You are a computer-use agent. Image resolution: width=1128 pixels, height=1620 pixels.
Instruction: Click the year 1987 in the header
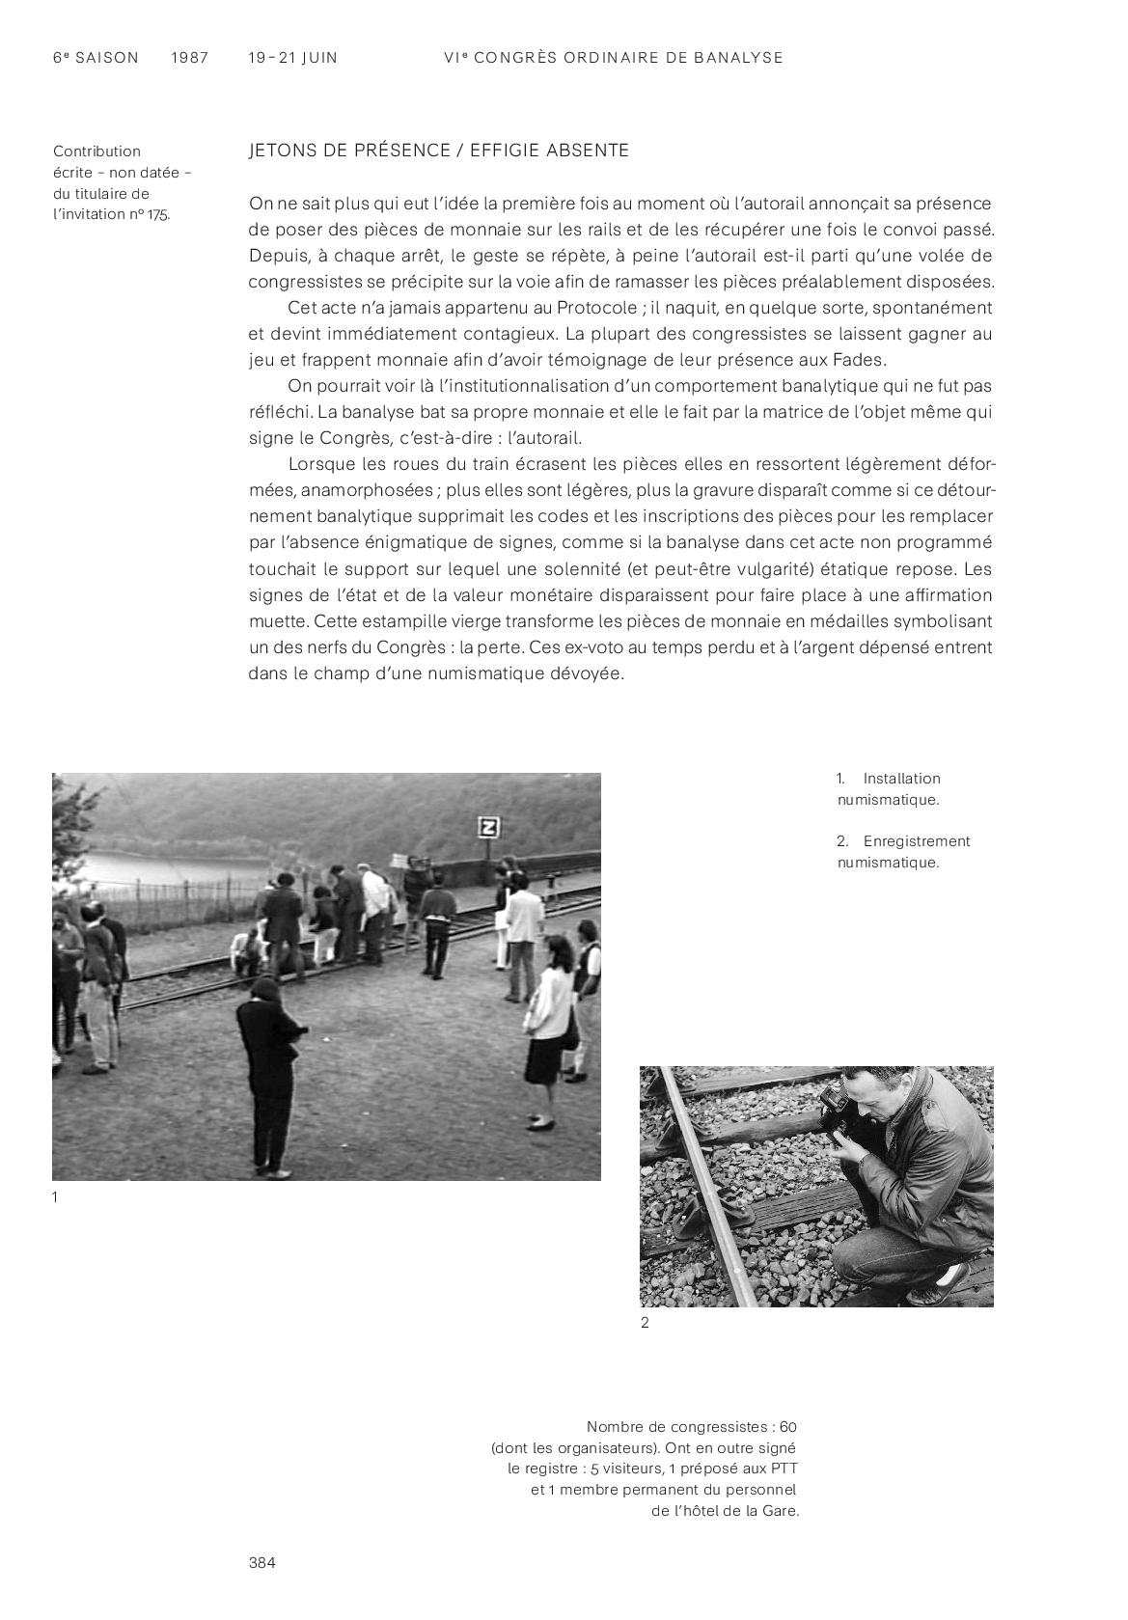coord(189,58)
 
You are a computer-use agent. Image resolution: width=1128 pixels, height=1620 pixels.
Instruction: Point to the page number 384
coord(261,1563)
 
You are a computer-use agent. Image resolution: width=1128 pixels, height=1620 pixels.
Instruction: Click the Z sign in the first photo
coord(489,827)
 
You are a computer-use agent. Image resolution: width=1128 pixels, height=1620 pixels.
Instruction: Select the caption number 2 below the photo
coord(645,1323)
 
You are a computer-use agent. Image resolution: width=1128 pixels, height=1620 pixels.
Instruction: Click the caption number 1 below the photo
coord(55,1197)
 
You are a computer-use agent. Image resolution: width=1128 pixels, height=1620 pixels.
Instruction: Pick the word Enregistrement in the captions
coord(916,841)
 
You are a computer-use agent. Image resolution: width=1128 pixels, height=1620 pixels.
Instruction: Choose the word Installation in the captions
coord(901,779)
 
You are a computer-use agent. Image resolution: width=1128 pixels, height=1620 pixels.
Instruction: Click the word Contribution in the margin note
coord(96,151)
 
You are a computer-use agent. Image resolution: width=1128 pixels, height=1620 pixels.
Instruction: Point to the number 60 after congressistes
coord(787,1427)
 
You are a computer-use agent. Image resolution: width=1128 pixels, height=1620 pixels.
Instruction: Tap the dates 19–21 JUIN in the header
coord(292,58)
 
